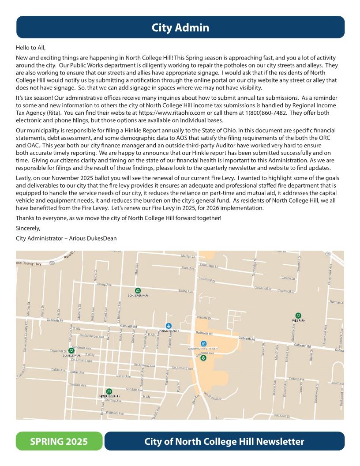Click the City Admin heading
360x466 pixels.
point(180,28)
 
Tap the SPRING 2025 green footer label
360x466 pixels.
point(59,441)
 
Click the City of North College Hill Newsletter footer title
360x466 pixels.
point(224,441)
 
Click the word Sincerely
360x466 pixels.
point(28,228)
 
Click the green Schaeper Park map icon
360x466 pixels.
point(138,290)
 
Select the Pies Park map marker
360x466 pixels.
point(298,316)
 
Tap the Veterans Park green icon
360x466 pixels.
point(109,391)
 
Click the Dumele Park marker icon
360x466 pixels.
point(71,350)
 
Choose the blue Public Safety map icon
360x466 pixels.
point(169,326)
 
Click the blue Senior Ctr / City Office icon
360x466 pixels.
point(203,343)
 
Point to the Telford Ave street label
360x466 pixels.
point(296,379)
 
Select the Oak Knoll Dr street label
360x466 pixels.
point(281,415)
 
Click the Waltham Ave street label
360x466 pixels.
point(115,413)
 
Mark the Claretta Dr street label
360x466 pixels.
point(204,318)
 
